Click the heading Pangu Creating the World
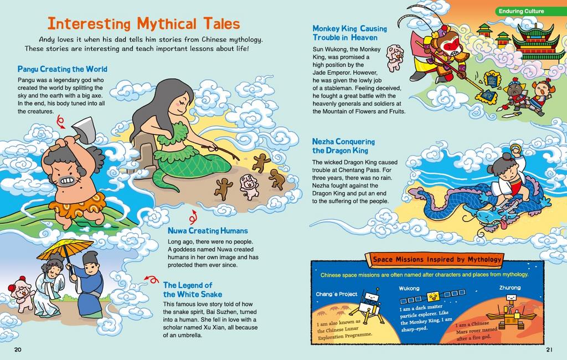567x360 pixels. [62, 69]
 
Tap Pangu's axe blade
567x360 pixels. [84, 129]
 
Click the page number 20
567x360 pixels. [18, 349]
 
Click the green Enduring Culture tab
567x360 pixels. [521, 11]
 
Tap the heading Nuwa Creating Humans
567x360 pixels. [208, 230]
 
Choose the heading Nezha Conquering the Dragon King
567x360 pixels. [343, 146]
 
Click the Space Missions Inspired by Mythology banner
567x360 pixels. [436, 259]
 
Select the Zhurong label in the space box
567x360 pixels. [510, 288]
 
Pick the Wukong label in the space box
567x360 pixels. [409, 289]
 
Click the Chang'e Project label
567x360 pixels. [337, 294]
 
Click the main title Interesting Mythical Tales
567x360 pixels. [143, 24]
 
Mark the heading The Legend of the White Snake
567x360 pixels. [188, 289]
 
